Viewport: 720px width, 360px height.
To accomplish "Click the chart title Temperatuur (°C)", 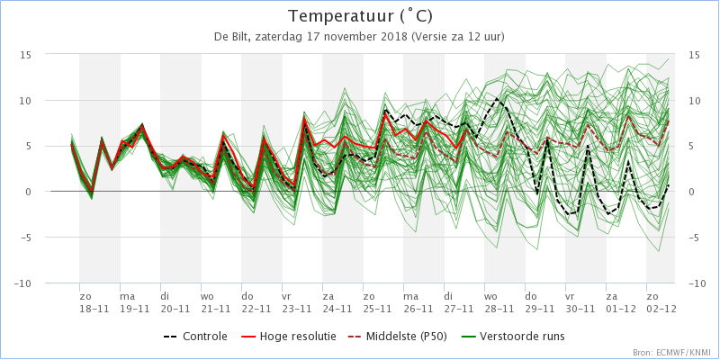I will point(360,16).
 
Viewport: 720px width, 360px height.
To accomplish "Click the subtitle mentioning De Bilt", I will point(359,37).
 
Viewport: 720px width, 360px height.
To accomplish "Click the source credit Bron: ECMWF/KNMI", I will point(670,353).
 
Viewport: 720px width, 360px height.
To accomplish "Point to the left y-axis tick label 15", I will point(27,55).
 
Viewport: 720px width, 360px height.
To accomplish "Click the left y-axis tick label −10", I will point(24,283).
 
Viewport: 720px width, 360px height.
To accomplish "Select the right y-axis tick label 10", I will point(694,101).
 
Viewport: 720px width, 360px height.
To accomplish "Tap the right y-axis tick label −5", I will point(693,238).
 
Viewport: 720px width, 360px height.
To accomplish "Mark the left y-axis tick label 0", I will point(30,192).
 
